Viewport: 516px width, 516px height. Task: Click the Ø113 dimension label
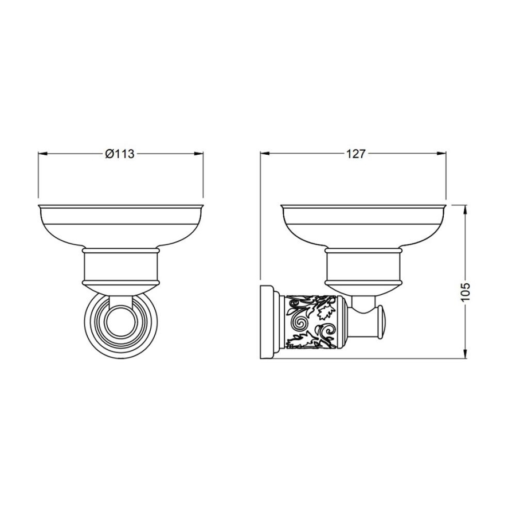pyautogui.click(x=120, y=154)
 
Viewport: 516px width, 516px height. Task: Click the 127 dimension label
pyautogui.click(x=355, y=154)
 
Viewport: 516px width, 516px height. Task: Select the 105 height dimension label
pyautogui.click(x=466, y=291)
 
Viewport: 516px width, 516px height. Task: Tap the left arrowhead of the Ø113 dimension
pyautogui.click(x=43, y=153)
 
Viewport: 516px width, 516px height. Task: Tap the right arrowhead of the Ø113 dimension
pyautogui.click(x=198, y=153)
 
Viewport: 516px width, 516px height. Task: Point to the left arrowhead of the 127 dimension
pyautogui.click(x=265, y=153)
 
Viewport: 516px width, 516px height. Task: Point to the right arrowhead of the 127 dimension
pyautogui.click(x=441, y=153)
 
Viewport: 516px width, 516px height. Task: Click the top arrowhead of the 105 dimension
pyautogui.click(x=466, y=209)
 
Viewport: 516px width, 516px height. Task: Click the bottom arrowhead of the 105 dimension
pyautogui.click(x=466, y=354)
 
